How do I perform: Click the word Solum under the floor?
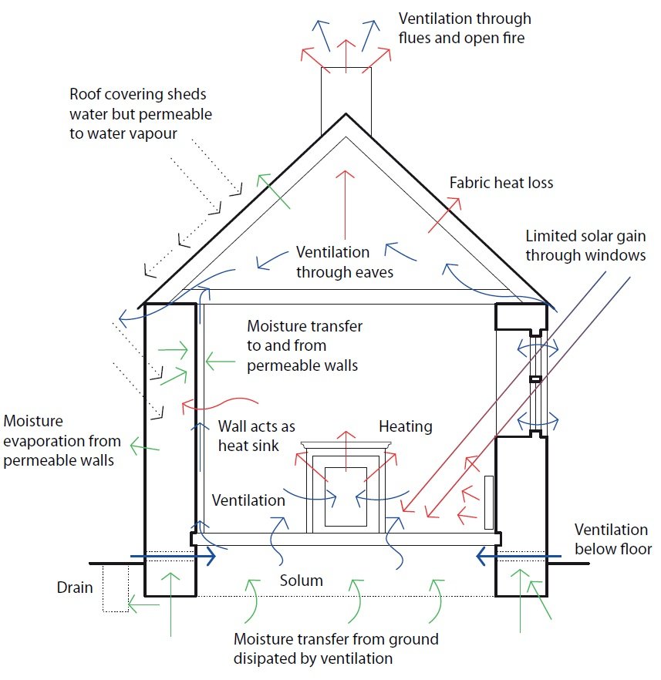[x=302, y=580]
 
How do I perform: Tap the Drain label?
[x=75, y=587]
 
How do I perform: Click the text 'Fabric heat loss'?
[x=502, y=183]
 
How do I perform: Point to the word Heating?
[x=406, y=426]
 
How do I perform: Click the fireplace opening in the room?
[x=345, y=497]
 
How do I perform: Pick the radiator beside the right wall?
[x=488, y=503]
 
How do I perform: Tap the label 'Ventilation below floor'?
[x=613, y=539]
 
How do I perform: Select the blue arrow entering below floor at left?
[x=174, y=555]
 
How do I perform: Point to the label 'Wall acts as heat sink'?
[x=257, y=436]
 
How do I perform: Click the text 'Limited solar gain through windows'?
[x=585, y=245]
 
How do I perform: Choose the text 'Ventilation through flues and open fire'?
[x=465, y=27]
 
